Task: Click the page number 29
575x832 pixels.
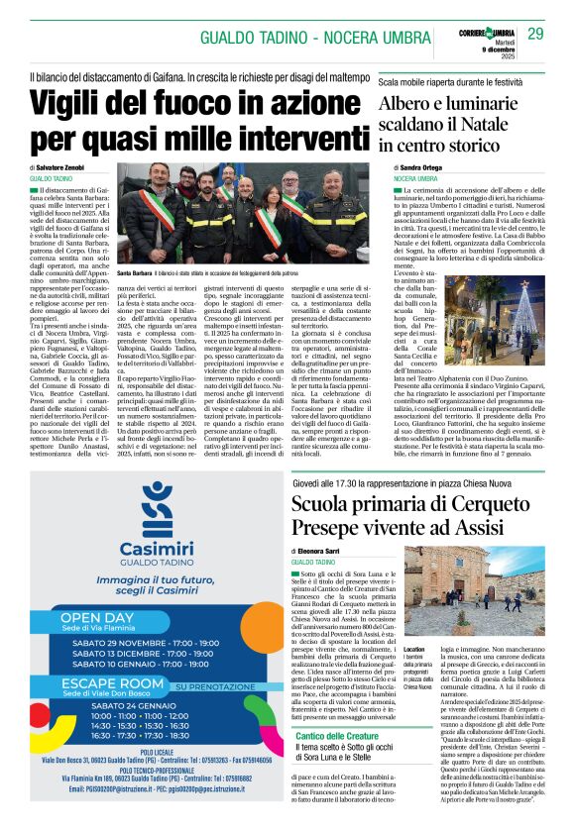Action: (535, 34)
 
